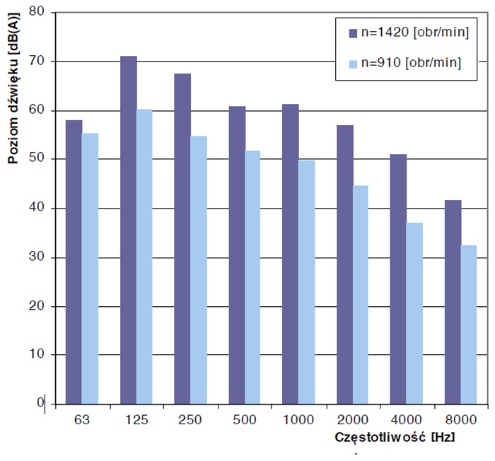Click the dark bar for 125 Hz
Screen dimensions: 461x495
[129, 230]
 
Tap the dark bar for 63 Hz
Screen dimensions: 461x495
[74, 262]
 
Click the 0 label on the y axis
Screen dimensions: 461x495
[41, 403]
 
